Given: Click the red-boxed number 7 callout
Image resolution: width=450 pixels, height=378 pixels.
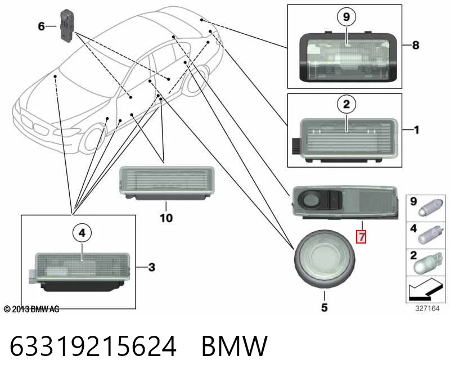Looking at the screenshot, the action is [x=361, y=236].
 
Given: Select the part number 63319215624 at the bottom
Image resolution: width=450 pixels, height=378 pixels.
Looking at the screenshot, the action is [x=93, y=346].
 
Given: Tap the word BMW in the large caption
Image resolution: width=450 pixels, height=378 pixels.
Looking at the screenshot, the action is [x=235, y=346].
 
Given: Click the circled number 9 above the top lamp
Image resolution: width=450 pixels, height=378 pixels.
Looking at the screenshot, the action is [x=346, y=17].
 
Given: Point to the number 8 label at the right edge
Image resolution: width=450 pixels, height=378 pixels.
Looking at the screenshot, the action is [x=416, y=45].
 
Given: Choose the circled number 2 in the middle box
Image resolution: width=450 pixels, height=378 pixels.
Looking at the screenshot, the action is [x=346, y=104].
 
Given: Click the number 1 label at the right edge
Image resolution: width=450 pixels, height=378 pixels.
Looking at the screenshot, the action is [x=416, y=130].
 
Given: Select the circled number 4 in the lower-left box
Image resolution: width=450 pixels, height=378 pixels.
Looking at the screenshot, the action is [x=82, y=233].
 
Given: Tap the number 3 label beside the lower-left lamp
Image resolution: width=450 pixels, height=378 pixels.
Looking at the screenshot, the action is [x=151, y=267].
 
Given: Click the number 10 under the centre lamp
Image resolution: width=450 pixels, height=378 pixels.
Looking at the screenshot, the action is [x=166, y=218].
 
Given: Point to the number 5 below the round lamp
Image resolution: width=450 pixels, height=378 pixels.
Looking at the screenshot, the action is [x=325, y=307].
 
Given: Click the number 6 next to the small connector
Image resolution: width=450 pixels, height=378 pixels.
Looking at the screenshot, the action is [x=41, y=26].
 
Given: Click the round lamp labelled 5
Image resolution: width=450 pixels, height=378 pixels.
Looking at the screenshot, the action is [x=325, y=259].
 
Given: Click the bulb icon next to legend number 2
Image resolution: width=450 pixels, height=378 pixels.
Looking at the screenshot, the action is [x=427, y=262].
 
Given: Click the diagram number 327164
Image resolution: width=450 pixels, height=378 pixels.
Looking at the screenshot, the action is [x=427, y=309].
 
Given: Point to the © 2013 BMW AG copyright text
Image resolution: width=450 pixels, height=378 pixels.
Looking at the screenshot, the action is [x=31, y=309].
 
